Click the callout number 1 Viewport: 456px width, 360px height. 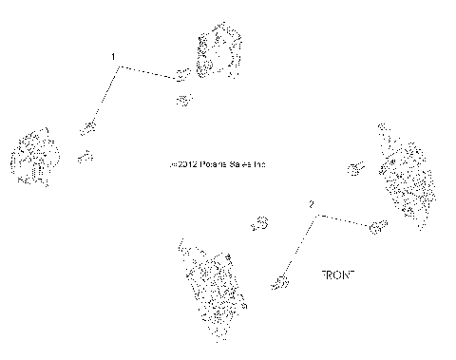[114, 58]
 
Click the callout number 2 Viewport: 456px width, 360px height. [311, 204]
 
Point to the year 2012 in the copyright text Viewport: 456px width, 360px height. [188, 164]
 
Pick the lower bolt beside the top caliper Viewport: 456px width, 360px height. [184, 98]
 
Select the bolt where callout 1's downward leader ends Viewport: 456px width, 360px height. [90, 127]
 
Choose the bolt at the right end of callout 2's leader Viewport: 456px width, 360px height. [376, 226]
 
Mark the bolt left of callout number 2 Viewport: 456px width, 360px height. [259, 224]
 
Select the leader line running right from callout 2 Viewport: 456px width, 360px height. [342, 220]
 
